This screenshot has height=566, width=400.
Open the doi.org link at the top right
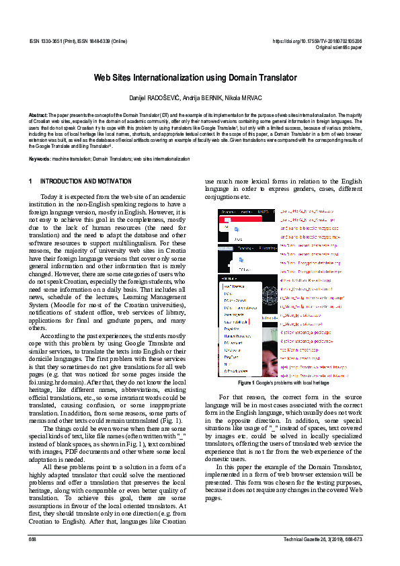(x=317, y=41)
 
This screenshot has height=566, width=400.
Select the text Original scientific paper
(x=338, y=48)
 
